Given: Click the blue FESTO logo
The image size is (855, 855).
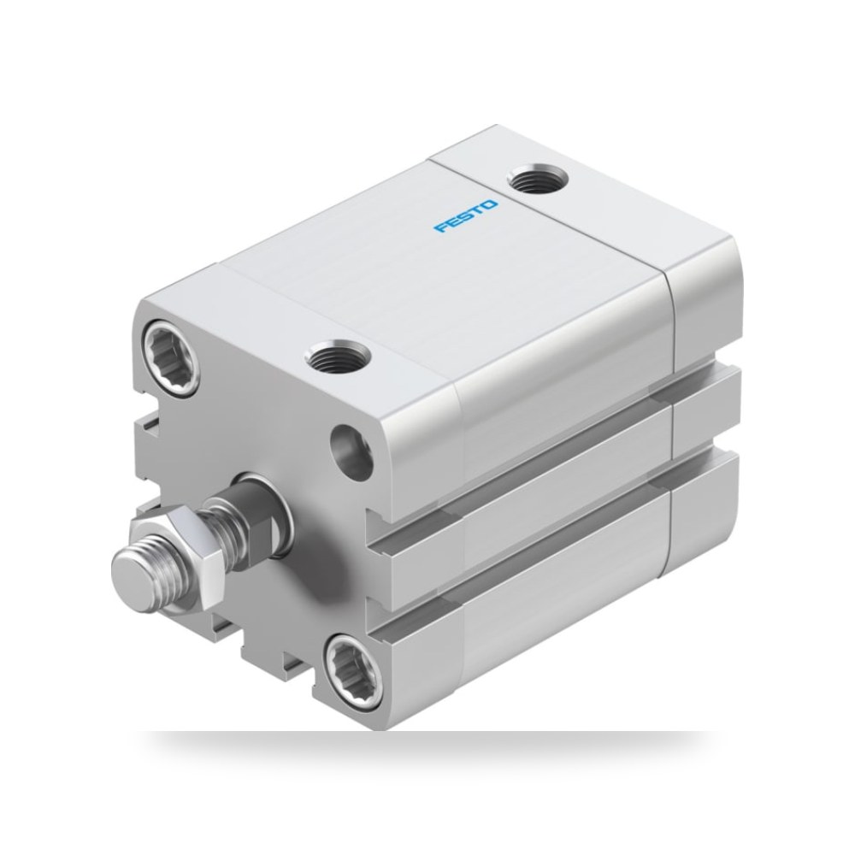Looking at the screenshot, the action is point(466,216).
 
